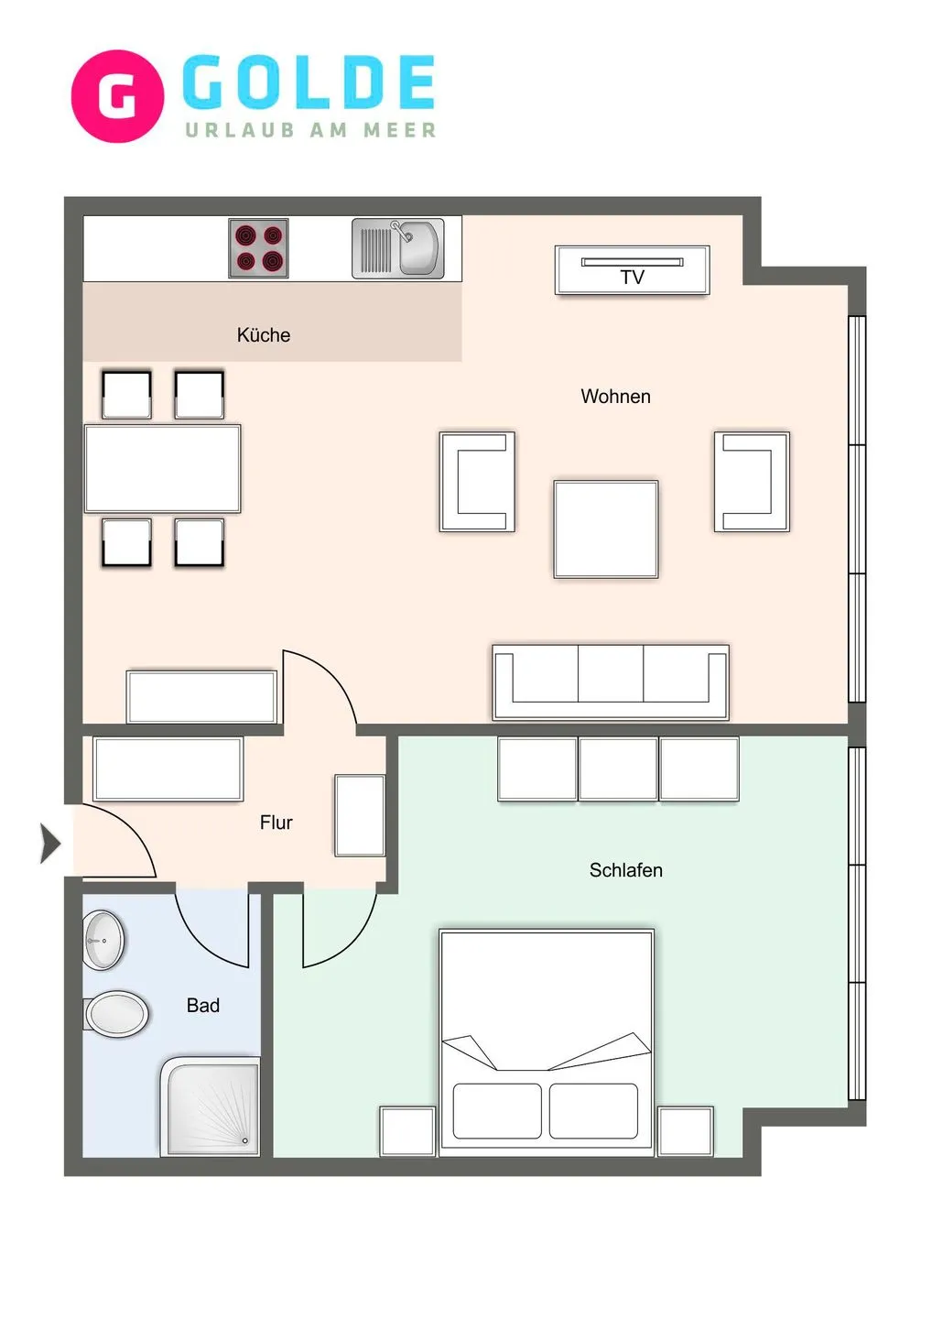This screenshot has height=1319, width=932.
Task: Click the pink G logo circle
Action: coord(117,96)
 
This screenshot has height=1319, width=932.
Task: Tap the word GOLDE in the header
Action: coord(309,82)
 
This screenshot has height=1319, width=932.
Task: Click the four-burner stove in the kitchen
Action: coord(258,248)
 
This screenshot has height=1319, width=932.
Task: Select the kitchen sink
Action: coord(398,248)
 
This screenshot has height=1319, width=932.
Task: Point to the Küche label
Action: coord(264,335)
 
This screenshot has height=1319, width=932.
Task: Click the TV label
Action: coord(632,278)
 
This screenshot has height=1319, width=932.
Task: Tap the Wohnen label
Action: coord(615,397)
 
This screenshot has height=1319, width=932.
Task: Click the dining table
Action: coord(163,468)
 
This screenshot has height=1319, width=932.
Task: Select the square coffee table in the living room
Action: coord(605,529)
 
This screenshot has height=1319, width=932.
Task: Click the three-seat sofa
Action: coord(611,682)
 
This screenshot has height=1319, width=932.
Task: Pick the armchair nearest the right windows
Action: coord(752,482)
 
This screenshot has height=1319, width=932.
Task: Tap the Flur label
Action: coord(276,823)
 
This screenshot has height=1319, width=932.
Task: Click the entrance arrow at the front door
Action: coord(49,843)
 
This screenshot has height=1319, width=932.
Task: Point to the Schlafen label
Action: coord(625,870)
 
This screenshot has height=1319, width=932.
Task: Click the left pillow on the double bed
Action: coord(497,1111)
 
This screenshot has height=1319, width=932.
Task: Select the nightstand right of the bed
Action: coord(685,1131)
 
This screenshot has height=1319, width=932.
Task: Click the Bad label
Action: coord(202,1006)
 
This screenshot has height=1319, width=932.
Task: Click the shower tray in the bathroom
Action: coord(211,1106)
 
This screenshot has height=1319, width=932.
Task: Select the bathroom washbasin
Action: coord(103,940)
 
